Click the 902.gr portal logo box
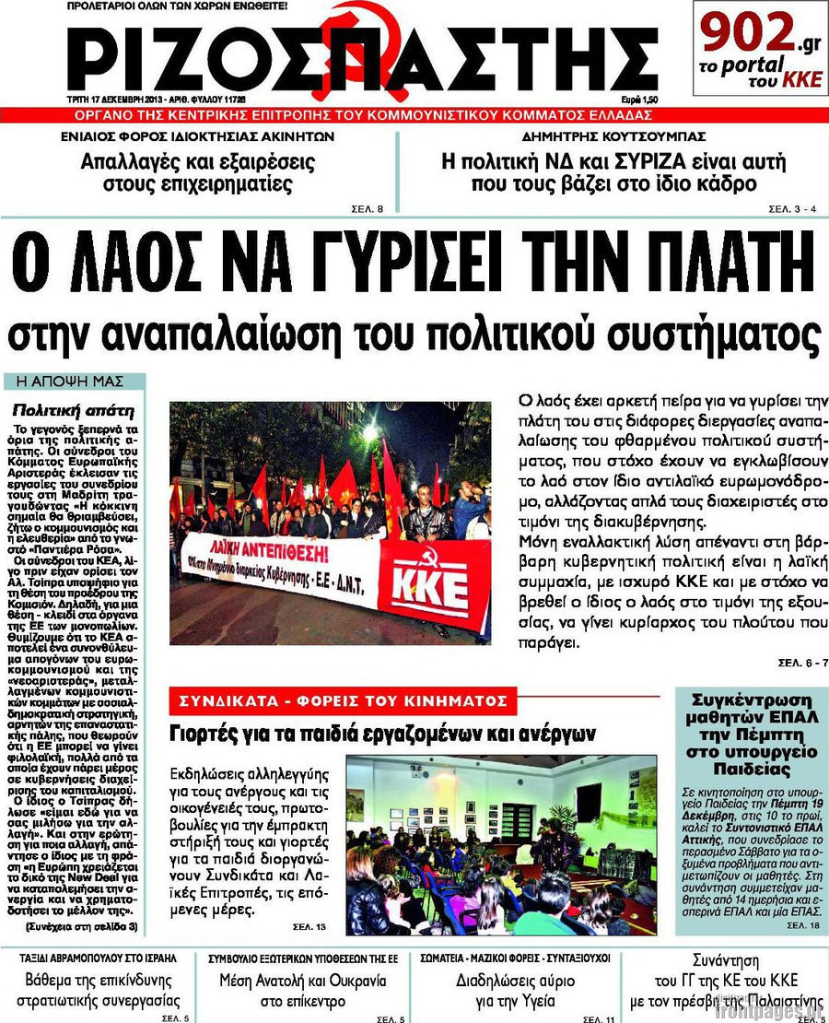coord(760,48)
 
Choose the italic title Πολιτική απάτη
coord(75,410)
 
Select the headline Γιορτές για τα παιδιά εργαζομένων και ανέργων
coord(383,735)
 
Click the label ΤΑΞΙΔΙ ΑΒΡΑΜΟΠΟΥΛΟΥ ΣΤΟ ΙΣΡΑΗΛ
coord(99,958)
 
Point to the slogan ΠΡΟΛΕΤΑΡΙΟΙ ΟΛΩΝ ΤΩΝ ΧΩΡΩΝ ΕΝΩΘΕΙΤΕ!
coord(178,6)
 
